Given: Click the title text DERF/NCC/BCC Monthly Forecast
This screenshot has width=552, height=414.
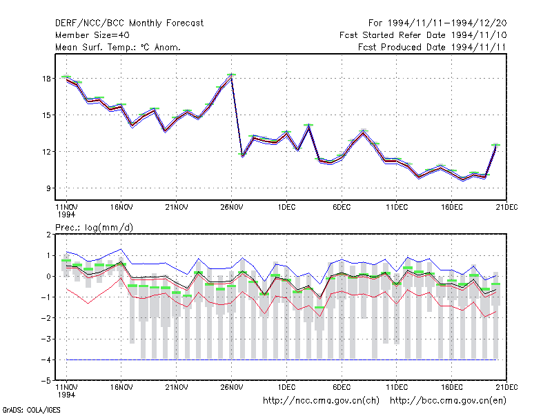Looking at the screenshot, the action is click(x=129, y=23).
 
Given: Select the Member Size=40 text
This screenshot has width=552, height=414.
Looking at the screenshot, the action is click(x=92, y=35).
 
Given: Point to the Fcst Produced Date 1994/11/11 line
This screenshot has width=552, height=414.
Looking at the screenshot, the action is click(x=432, y=47).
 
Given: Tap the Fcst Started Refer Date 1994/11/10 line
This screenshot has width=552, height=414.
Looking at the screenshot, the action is click(x=423, y=35).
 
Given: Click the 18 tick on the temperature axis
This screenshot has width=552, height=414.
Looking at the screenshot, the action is click(x=46, y=79).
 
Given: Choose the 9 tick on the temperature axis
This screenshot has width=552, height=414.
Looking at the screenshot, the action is click(x=48, y=188).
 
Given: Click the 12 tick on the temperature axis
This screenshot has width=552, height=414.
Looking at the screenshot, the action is click(x=46, y=152).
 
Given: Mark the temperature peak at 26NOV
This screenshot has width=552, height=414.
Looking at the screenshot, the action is click(x=231, y=77).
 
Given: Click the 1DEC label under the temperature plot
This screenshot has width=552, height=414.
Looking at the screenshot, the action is click(x=286, y=208).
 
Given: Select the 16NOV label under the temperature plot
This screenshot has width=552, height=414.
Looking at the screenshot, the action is click(x=121, y=208).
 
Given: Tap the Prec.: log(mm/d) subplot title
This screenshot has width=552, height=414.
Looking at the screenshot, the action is click(x=94, y=228).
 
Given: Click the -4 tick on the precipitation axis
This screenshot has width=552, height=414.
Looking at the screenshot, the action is click(x=46, y=359).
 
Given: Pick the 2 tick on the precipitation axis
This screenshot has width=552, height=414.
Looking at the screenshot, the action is click(x=48, y=235).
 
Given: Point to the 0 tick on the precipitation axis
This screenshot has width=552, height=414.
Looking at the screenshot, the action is click(x=48, y=277).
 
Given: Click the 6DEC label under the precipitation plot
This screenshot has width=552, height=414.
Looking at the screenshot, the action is click(x=342, y=387).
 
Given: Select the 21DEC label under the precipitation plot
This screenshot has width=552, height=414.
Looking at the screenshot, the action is click(x=506, y=387).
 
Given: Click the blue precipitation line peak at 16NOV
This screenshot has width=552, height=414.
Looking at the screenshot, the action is click(x=121, y=249).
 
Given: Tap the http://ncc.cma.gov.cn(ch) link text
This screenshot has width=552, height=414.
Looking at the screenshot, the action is click(x=321, y=401).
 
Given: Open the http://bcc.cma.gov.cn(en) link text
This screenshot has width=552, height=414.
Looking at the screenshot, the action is click(x=448, y=401).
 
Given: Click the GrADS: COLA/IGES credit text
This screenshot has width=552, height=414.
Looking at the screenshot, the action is click(x=31, y=410).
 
